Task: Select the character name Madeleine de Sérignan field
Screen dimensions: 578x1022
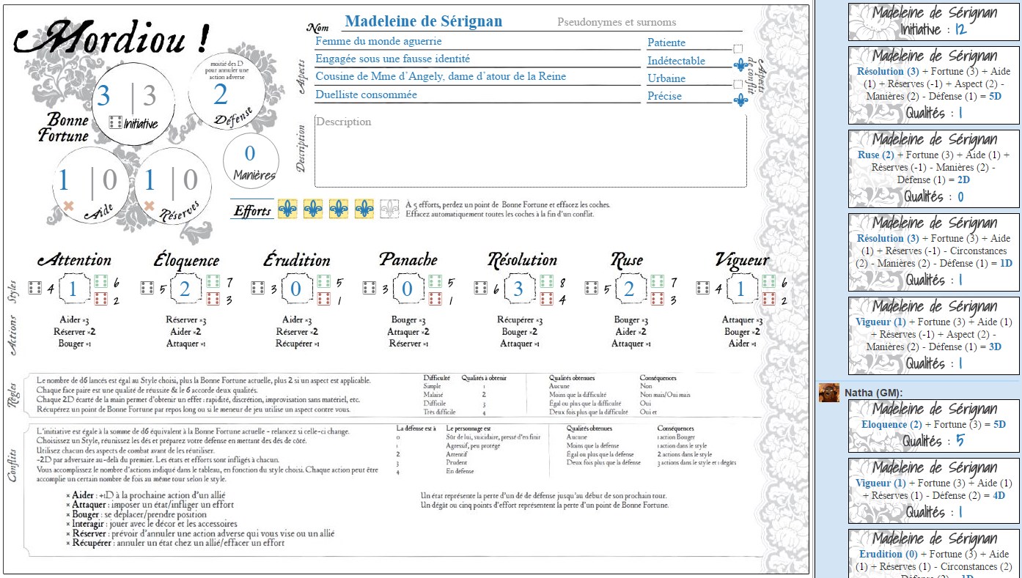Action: tap(423, 22)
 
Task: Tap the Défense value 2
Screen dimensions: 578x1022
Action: tap(221, 95)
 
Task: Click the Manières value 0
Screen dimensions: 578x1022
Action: tap(249, 153)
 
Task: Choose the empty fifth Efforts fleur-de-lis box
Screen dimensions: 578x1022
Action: tap(390, 209)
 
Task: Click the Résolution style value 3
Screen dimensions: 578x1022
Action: tap(518, 289)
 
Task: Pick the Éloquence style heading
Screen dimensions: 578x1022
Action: tap(185, 260)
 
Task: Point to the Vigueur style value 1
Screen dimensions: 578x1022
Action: tap(740, 289)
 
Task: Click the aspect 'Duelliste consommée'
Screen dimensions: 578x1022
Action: tap(367, 95)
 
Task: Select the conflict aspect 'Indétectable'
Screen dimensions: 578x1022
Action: tap(676, 61)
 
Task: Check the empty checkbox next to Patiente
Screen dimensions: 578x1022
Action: tap(738, 48)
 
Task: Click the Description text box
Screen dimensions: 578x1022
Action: tap(530, 151)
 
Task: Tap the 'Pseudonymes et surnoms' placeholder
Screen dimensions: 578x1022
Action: tap(617, 23)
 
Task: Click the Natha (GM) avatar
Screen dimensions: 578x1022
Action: tap(829, 393)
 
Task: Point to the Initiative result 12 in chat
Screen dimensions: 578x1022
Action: tap(960, 30)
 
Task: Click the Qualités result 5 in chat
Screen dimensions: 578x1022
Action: tap(960, 441)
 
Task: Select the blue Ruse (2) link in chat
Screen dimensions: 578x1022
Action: tap(875, 155)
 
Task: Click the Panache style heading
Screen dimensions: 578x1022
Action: tap(408, 260)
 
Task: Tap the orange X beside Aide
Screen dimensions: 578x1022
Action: tap(69, 207)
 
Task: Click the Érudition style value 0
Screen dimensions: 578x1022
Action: tap(295, 289)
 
